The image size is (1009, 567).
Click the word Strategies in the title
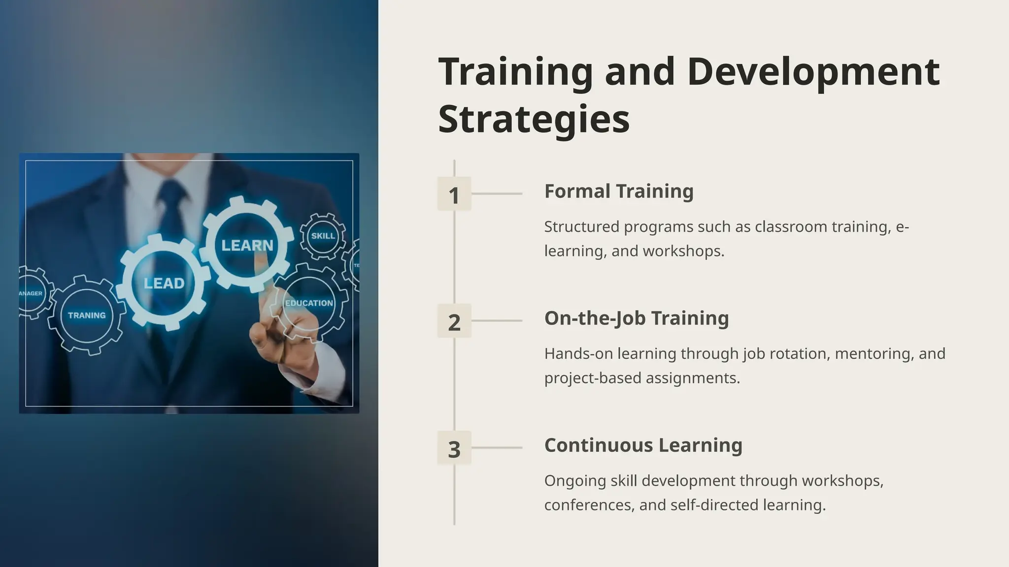pos(534,119)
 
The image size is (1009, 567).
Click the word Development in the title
pos(813,72)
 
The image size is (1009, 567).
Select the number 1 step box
pos(454,194)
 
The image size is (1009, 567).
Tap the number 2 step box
pos(454,321)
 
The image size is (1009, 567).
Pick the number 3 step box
pos(454,448)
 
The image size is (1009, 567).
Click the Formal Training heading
pos(619,191)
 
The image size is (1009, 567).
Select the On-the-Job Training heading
pos(637,318)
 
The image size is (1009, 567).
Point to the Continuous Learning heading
pos(643,445)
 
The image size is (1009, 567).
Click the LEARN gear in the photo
pos(247,245)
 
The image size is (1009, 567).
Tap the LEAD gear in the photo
pos(164,283)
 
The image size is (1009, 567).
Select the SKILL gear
pos(323,236)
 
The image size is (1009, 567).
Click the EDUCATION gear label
pos(309,303)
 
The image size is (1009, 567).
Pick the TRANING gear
pos(87,315)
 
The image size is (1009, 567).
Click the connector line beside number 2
pos(497,321)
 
